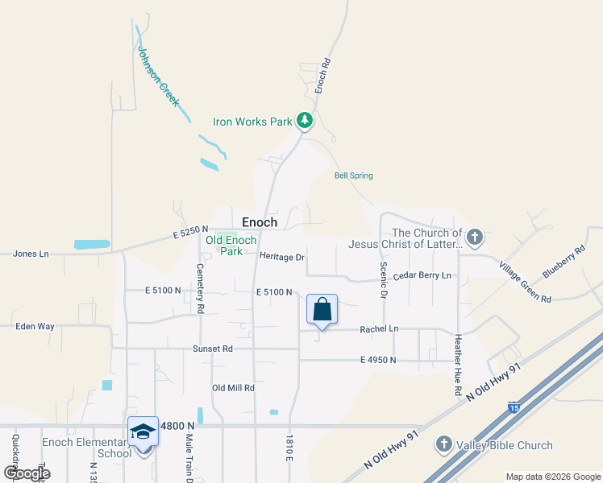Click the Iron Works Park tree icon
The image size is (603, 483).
tap(305, 122)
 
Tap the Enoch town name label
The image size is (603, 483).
tap(260, 222)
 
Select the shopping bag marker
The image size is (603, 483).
tap(322, 309)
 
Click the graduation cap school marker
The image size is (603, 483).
tap(143, 432)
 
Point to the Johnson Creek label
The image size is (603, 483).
tap(158, 77)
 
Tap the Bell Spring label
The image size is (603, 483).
tap(353, 175)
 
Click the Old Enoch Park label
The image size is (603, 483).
tap(231, 246)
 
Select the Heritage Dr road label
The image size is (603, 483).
tap(281, 257)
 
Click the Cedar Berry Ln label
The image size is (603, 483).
tap(422, 275)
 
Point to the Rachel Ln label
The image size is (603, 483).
tap(379, 328)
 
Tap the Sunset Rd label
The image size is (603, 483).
tap(212, 349)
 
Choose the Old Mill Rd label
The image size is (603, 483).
tap(233, 388)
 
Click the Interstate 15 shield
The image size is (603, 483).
tap(514, 408)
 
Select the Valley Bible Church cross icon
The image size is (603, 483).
tap(443, 444)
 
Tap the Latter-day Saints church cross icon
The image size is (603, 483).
tap(475, 237)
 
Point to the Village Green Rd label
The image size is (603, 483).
tap(524, 282)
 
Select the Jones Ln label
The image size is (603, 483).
tap(31, 254)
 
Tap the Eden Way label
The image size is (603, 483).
tap(35, 327)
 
